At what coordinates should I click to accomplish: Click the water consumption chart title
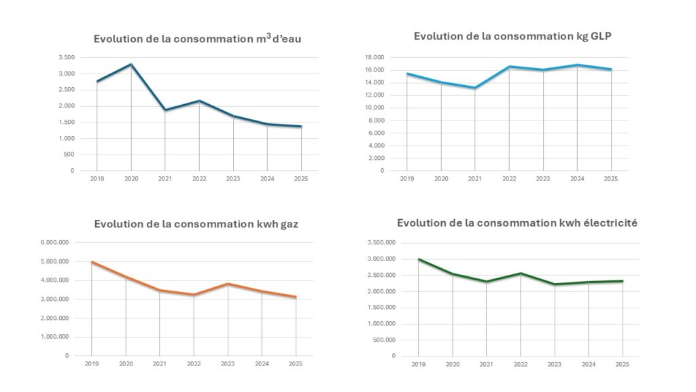[x=197, y=39]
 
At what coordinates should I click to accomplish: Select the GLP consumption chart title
[x=512, y=36]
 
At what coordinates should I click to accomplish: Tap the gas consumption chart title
[x=195, y=224]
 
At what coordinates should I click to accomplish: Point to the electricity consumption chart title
[x=517, y=223]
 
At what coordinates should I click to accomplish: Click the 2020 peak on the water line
[x=131, y=65]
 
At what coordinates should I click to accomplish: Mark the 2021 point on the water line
[x=165, y=110]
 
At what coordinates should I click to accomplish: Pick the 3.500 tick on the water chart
[x=66, y=58]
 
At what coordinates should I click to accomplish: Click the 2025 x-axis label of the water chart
[x=300, y=180]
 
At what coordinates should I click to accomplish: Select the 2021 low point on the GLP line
[x=475, y=88]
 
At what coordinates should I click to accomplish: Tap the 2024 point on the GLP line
[x=577, y=65]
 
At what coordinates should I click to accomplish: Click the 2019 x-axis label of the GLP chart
[x=407, y=180]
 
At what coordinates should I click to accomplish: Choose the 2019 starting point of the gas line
[x=92, y=262]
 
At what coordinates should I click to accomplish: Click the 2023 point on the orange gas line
[x=228, y=284]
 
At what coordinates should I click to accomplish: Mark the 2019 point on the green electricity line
[x=419, y=259]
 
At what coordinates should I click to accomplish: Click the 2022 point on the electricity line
[x=521, y=274]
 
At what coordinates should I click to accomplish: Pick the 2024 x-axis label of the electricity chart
[x=588, y=365]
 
